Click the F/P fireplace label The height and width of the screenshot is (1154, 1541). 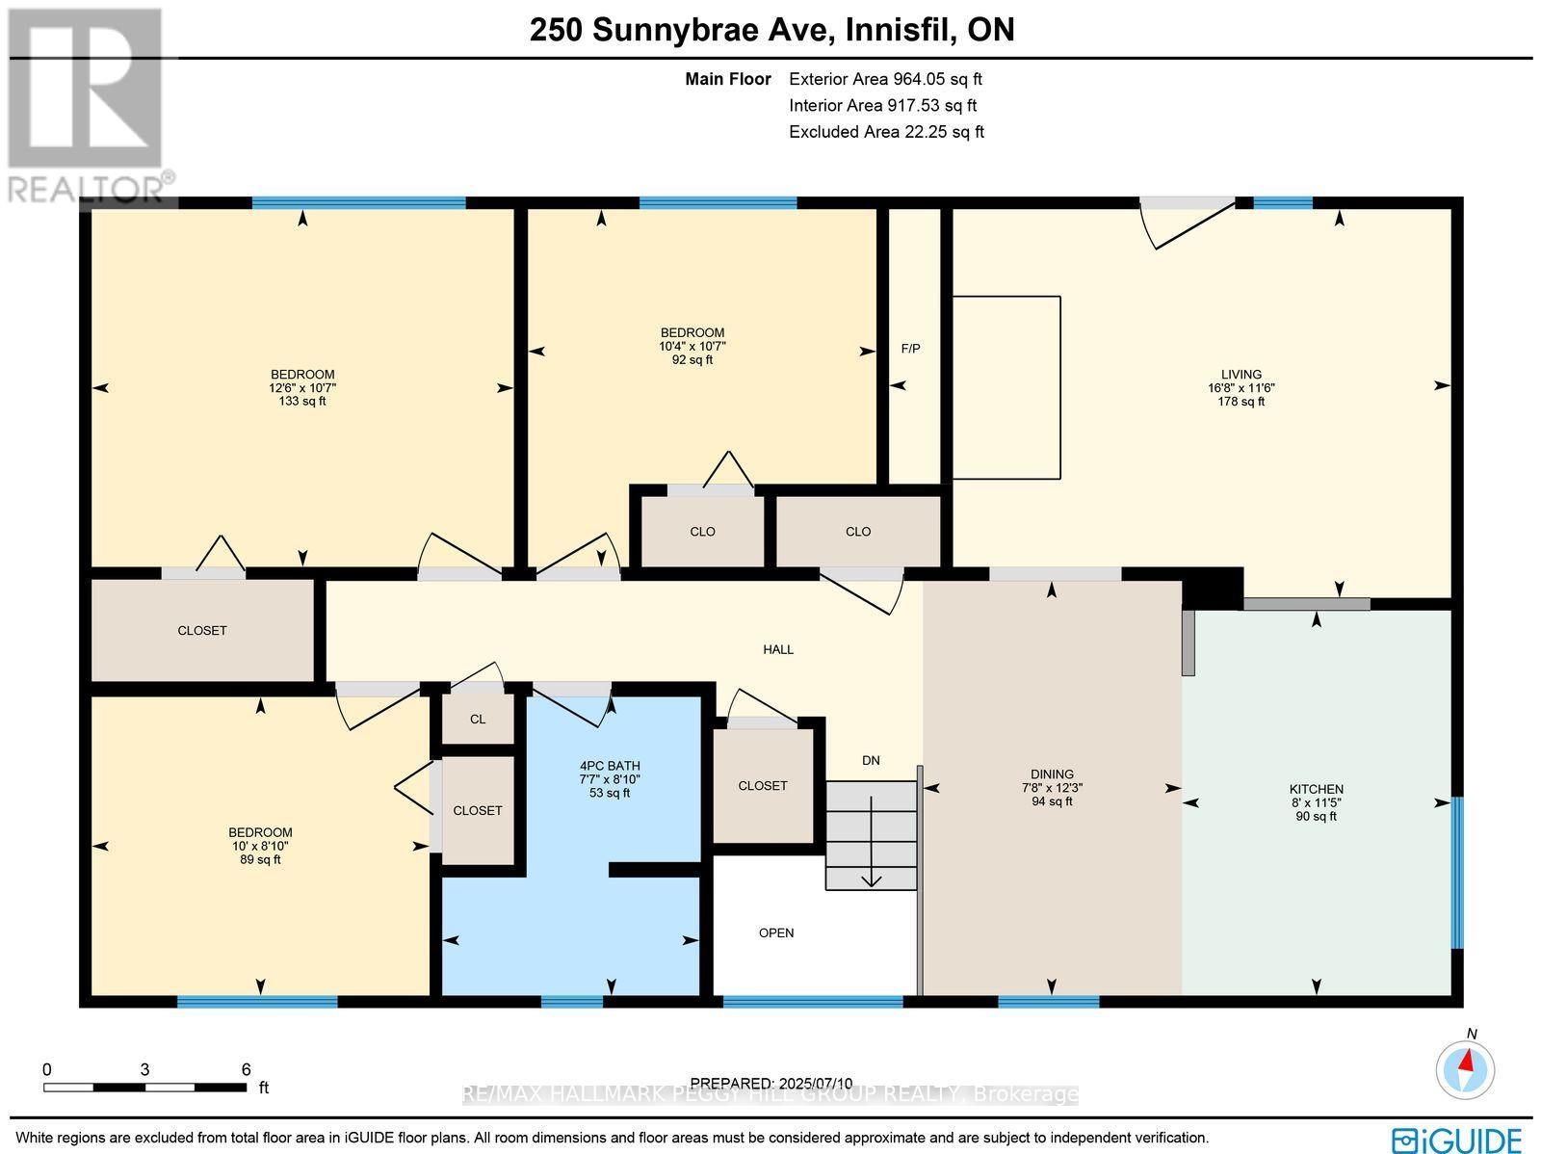coord(910,349)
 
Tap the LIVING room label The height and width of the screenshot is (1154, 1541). coord(1241,375)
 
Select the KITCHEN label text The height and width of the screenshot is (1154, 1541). coord(1316,789)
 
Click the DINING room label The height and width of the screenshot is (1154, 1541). coord(1051,774)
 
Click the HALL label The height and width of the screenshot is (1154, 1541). coord(778,649)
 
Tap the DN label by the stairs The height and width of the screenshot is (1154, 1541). coord(871,760)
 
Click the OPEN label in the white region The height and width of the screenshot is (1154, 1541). coord(776,932)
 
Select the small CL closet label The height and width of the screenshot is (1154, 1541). coord(478,720)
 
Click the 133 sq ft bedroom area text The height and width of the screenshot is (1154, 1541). coord(302,401)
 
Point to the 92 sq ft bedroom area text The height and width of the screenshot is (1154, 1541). coord(692,359)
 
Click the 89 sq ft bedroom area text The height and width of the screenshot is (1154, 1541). coord(260,859)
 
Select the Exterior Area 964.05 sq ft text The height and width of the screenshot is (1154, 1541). coord(885,80)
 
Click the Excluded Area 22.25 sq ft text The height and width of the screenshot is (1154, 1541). coord(886,132)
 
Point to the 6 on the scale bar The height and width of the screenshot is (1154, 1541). coord(246,1069)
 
